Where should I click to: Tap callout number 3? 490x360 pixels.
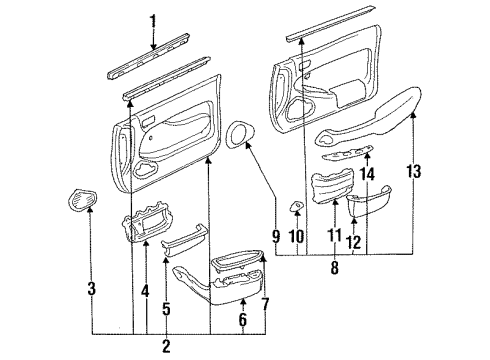[92, 290]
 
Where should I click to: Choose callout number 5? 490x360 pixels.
[166, 309]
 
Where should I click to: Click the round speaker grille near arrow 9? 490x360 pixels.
[241, 134]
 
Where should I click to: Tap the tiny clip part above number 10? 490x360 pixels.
[297, 207]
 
